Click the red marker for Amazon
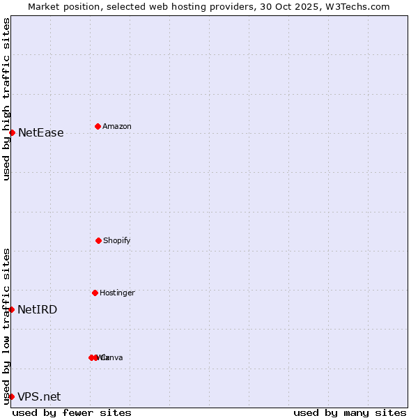click(98, 126)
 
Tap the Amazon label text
click(117, 126)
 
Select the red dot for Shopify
click(98, 240)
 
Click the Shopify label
click(117, 240)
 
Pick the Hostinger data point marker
click(95, 293)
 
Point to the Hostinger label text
click(117, 293)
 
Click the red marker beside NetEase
click(12, 132)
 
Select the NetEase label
click(41, 132)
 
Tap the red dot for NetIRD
click(11, 309)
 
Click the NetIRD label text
click(38, 309)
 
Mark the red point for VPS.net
click(11, 396)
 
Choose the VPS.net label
click(39, 396)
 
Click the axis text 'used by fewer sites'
click(72, 412)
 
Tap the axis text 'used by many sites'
click(350, 412)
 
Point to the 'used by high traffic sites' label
click(6, 100)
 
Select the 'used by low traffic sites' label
click(6, 326)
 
